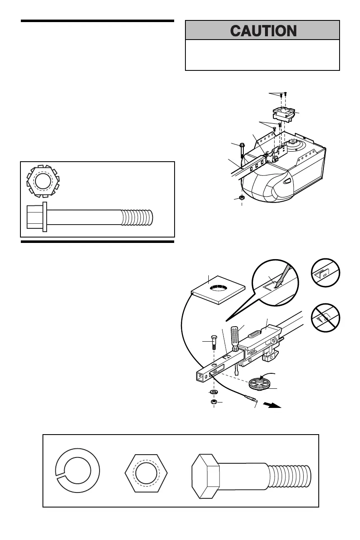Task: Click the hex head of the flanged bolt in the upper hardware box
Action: (x=36, y=217)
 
